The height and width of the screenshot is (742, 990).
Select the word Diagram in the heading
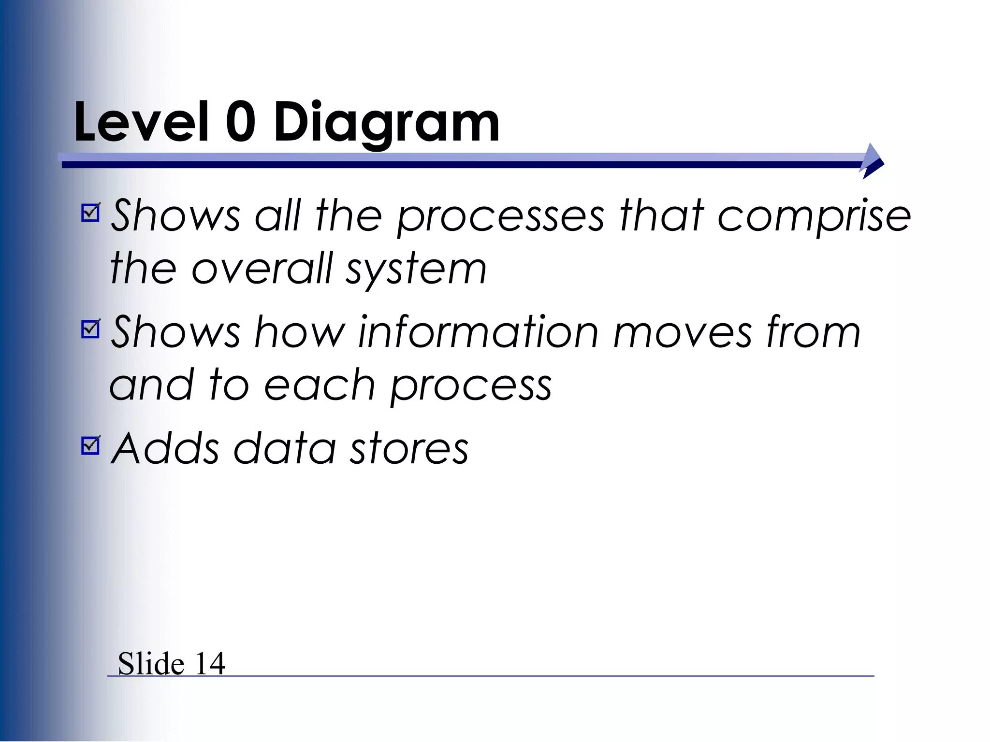coord(386,124)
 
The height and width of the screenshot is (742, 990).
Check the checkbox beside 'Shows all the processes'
coord(91,212)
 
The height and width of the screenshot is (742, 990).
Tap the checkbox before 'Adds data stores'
coord(91,445)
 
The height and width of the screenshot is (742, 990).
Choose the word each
coord(320,385)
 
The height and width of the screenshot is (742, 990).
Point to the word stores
coord(409,450)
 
